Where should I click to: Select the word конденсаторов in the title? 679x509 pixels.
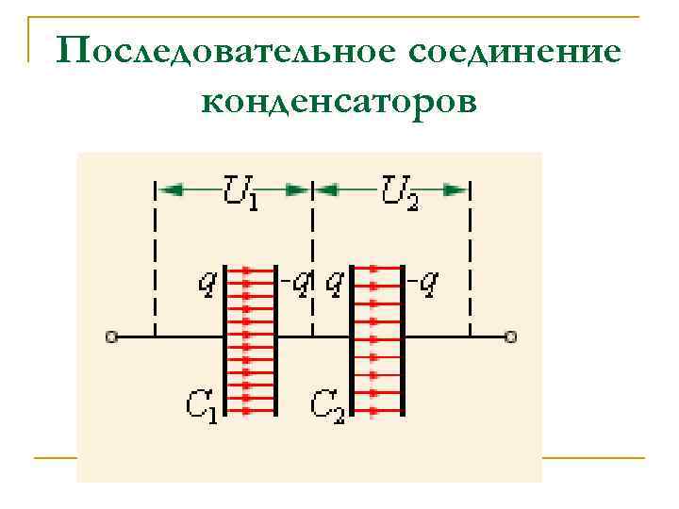point(339,98)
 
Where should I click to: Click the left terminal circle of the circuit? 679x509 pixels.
point(110,336)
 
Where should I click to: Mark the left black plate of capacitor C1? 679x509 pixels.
point(224,339)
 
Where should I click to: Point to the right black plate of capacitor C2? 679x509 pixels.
point(404,339)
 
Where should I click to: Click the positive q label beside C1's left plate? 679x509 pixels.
point(206,282)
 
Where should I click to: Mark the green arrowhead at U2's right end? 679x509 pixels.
point(456,189)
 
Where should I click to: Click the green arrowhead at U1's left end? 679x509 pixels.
point(170,189)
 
